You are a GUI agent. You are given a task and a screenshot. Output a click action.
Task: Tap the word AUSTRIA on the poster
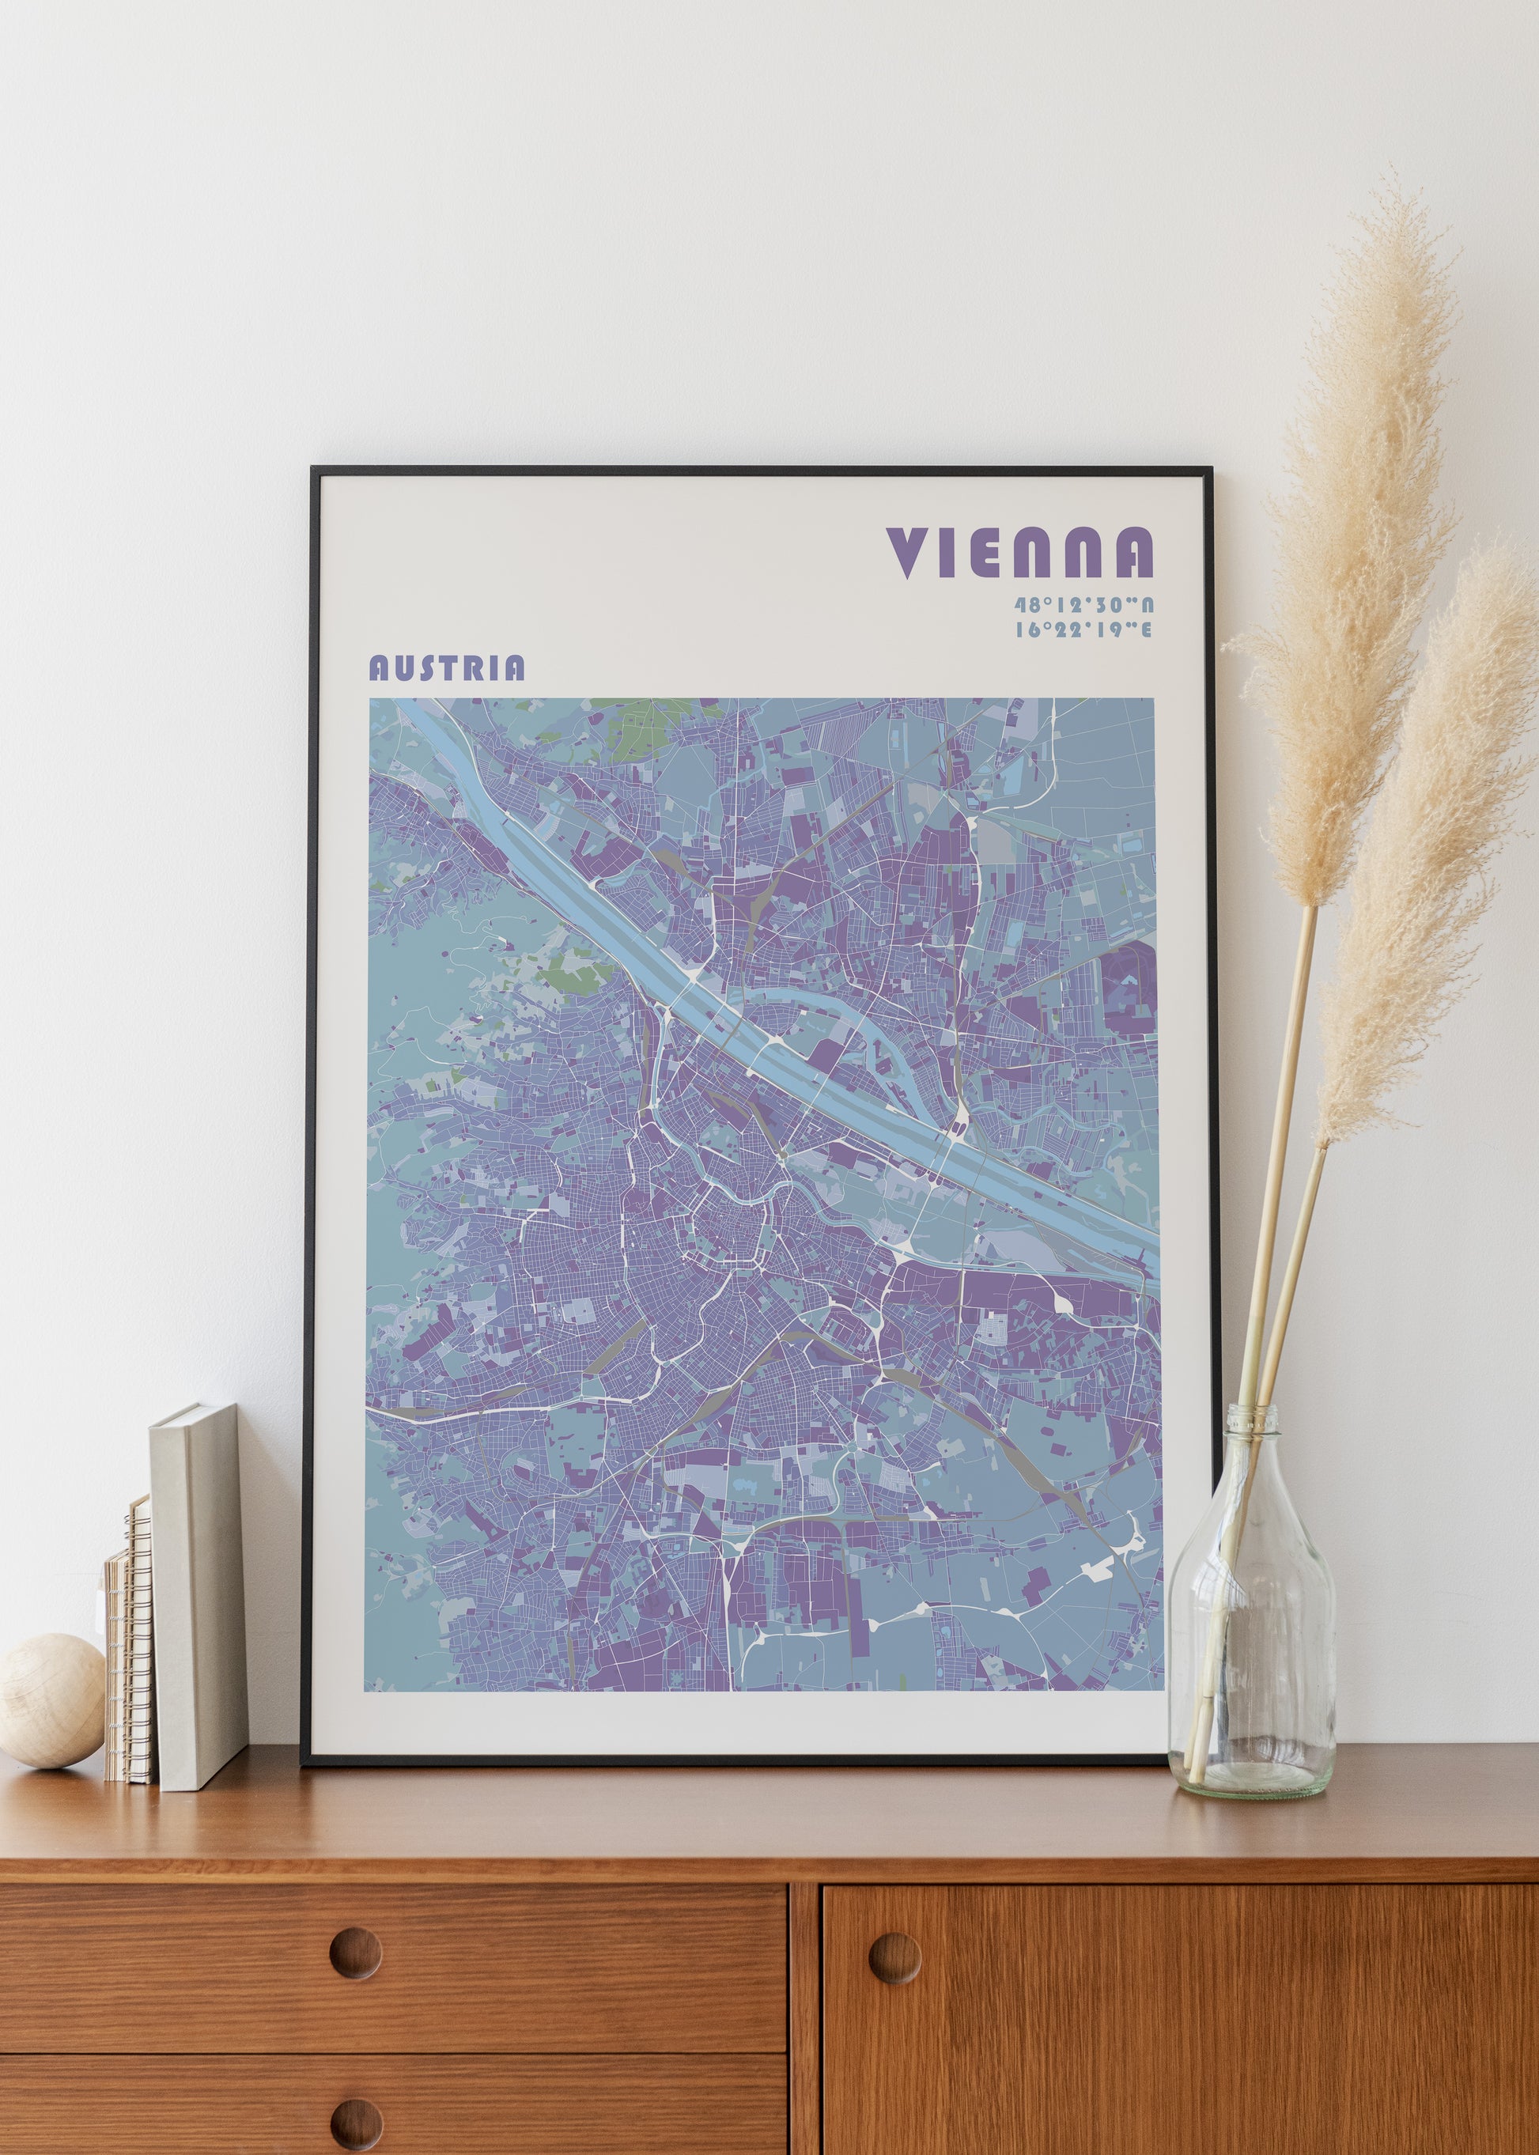coord(446,668)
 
